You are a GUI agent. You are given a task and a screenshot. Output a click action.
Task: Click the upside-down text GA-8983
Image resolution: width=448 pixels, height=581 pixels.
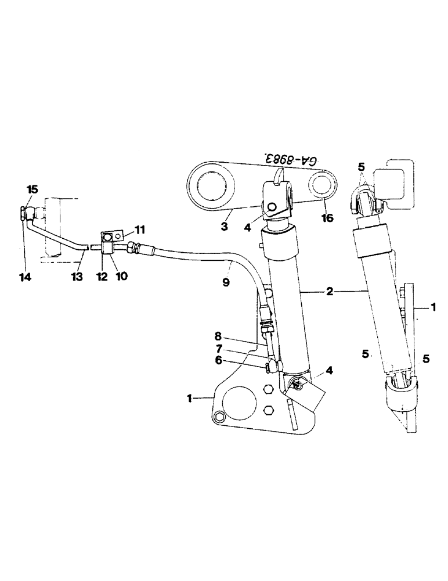coord(295,161)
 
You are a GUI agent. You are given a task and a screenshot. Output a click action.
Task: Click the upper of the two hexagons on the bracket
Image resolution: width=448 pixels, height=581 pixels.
coord(269,390)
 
